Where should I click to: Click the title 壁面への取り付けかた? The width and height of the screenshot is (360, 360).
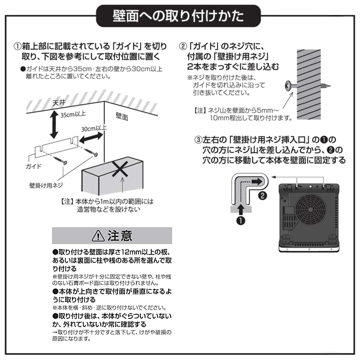pos(178,16)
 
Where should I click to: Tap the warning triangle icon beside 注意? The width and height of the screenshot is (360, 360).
pos(98,236)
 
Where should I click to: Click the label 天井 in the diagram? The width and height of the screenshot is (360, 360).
pos(59,103)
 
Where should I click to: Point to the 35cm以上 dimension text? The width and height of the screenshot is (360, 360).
pos(73,114)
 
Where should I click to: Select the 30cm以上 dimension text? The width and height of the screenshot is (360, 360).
pos(94,128)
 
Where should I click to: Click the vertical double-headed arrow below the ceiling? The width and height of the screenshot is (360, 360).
pos(54,124)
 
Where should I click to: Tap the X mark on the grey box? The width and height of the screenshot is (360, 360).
pos(120,169)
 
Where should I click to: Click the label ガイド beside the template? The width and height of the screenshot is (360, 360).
pos(33,166)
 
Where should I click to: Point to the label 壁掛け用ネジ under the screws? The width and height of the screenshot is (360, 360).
pos(46,185)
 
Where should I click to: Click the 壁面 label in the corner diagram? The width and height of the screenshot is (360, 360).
pos(122,117)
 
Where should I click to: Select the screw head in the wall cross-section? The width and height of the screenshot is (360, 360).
pos(288,86)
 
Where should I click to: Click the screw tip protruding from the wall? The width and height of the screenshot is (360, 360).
pos(326,86)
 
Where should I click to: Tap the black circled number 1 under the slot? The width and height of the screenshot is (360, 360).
pos(241,221)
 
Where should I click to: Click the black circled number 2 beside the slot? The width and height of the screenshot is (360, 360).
pos(262,195)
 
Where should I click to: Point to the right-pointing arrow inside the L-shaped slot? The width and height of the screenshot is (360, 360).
pos(257,182)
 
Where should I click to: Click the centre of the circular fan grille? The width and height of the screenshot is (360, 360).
pos(310,210)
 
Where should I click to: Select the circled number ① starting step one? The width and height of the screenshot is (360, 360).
pos(17,47)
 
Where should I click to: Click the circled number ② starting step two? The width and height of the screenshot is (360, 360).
pos(183,47)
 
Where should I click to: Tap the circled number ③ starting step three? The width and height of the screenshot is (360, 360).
pos(199,140)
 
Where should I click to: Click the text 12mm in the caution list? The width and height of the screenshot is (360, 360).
pos(131,252)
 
